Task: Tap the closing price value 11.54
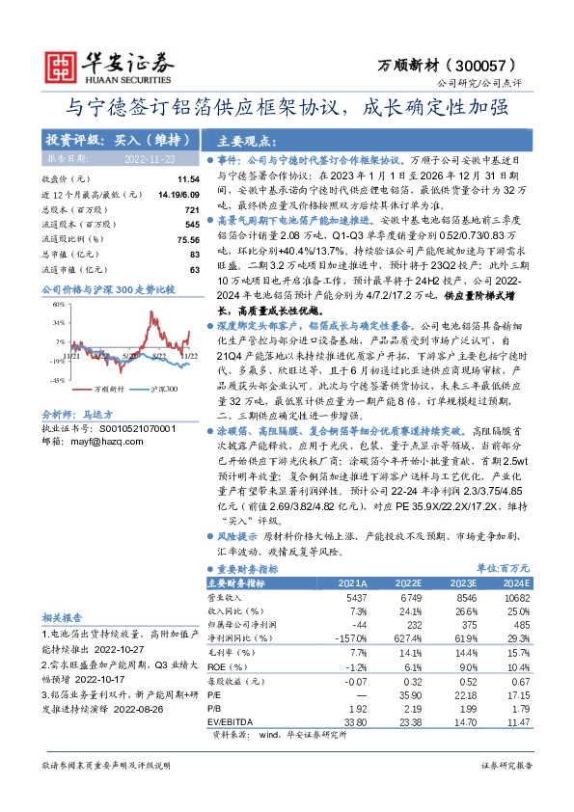pyautogui.click(x=188, y=180)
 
